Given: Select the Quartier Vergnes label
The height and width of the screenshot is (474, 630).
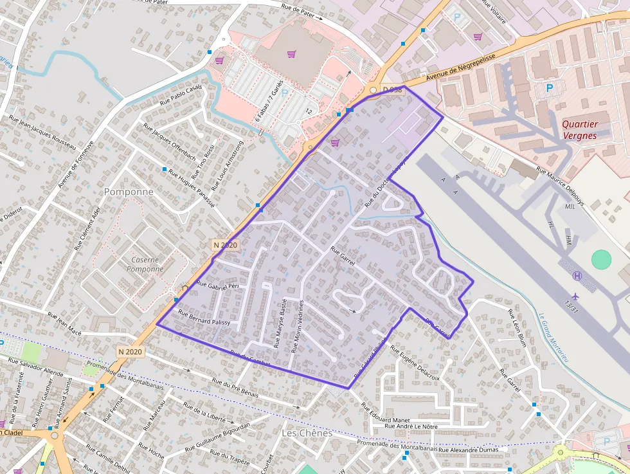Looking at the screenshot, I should pyautogui.click(x=579, y=130).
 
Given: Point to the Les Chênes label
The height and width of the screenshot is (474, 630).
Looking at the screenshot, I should pyautogui.click(x=307, y=433).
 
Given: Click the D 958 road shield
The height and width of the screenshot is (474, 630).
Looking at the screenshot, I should pyautogui.click(x=392, y=90).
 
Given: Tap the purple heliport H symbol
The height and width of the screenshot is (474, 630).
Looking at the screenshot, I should pyautogui.click(x=577, y=276).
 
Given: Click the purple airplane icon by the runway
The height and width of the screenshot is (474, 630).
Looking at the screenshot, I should pyautogui.click(x=575, y=295).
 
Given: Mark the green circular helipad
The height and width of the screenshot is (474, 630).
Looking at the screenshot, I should pyautogui.click(x=601, y=259).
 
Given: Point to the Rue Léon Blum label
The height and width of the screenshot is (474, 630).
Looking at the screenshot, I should pyautogui.click(x=517, y=328).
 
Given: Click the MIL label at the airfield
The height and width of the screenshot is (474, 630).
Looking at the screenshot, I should pyautogui.click(x=570, y=207).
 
